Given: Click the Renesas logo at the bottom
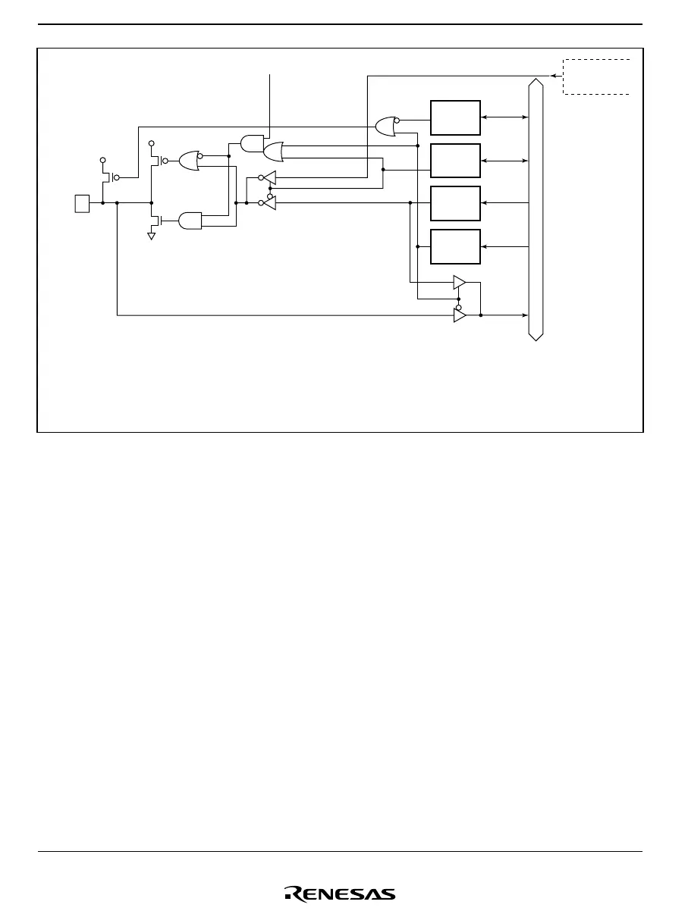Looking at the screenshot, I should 339,894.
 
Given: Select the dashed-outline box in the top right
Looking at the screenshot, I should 597,76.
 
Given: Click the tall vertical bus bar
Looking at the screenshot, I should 536,208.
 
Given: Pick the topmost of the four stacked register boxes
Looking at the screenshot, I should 455,117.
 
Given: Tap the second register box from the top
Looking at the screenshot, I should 455,161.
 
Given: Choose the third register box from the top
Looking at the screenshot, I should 455,203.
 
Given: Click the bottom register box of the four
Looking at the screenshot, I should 455,246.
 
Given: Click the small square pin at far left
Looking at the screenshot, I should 82,203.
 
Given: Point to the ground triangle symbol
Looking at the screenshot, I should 151,236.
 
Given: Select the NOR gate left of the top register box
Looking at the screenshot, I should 386,127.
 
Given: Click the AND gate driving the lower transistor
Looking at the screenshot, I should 190,221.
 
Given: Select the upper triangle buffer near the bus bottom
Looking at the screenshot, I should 459,283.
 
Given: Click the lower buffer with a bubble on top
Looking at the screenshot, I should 459,315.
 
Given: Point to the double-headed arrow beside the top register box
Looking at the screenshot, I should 504,117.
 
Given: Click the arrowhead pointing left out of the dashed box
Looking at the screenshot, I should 554,76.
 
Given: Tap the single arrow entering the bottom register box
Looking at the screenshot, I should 504,246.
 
